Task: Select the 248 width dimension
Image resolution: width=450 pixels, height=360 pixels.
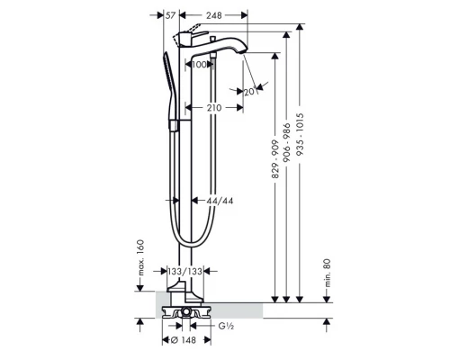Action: pyautogui.click(x=214, y=15)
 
